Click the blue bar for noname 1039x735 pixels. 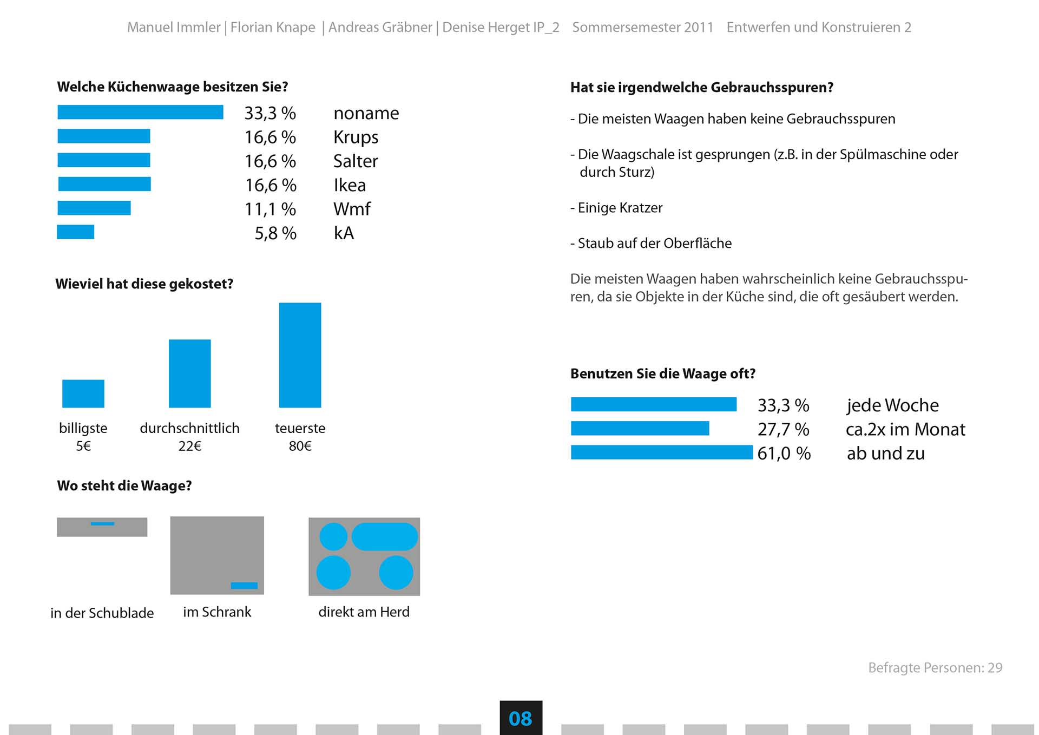click(x=140, y=112)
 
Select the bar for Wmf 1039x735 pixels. click(x=94, y=208)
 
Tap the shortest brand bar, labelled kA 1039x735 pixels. click(x=76, y=232)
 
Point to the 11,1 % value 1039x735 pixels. click(x=270, y=209)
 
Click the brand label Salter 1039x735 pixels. click(x=356, y=161)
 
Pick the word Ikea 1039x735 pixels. click(x=350, y=185)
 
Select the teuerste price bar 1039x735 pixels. click(x=300, y=355)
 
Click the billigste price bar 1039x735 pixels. click(x=83, y=393)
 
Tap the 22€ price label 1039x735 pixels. click(x=190, y=446)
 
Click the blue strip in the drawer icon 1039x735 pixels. click(x=102, y=523)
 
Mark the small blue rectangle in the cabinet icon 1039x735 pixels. click(x=244, y=585)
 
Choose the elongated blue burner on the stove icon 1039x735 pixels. click(x=385, y=536)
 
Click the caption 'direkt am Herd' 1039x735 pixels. click(x=364, y=612)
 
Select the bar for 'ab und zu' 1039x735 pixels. click(x=661, y=452)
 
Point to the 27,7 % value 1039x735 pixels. click(x=783, y=429)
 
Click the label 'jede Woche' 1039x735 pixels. click(x=892, y=405)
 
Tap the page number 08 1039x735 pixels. click(x=521, y=718)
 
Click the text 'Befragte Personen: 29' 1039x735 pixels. click(x=935, y=667)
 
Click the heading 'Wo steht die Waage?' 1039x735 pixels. click(x=124, y=485)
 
